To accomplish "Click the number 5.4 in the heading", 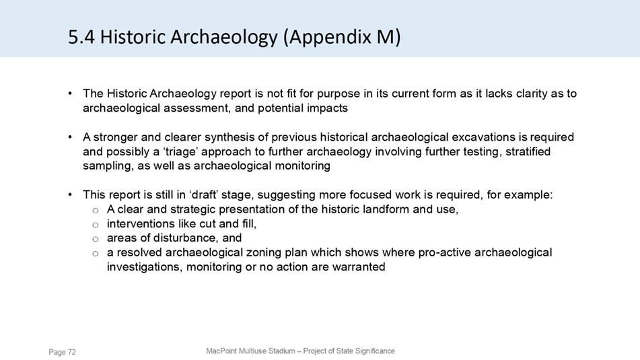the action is [81, 37].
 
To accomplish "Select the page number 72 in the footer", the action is [72, 352].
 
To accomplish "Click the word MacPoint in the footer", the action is [221, 351].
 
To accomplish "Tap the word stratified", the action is [528, 151].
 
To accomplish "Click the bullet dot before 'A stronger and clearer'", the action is [71, 137].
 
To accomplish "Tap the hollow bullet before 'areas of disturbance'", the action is [96, 239].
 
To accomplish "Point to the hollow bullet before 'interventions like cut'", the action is [96, 225].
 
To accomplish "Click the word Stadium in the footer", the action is [281, 351].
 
